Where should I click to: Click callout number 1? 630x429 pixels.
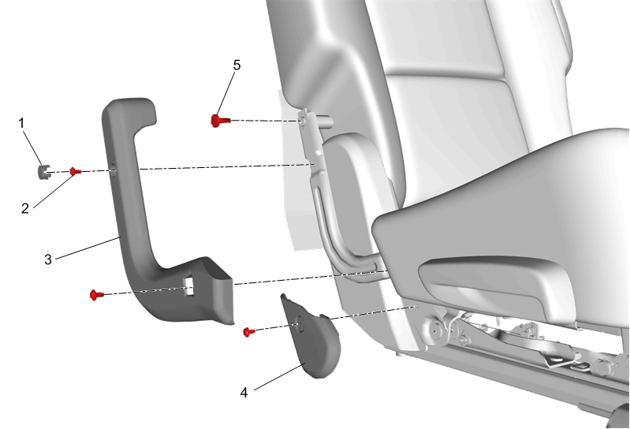pyautogui.click(x=22, y=123)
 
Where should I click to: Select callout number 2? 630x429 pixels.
pyautogui.click(x=25, y=208)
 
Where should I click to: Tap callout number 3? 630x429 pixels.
pyautogui.click(x=48, y=259)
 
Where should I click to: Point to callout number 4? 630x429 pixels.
pyautogui.click(x=244, y=393)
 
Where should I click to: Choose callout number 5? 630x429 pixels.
pyautogui.click(x=237, y=65)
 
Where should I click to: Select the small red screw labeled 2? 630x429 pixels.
pyautogui.click(x=75, y=171)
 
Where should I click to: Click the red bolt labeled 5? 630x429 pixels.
pyautogui.click(x=219, y=121)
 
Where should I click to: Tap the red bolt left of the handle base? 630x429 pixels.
pyautogui.click(x=96, y=295)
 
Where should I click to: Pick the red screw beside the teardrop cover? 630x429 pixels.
pyautogui.click(x=248, y=332)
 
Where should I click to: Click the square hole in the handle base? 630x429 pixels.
pyautogui.click(x=188, y=286)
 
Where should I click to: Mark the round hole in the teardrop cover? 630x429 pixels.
pyautogui.click(x=300, y=323)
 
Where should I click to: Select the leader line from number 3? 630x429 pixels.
pyautogui.click(x=88, y=248)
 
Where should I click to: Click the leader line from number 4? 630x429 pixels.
pyautogui.click(x=280, y=376)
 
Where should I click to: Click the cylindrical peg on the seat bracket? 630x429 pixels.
pyautogui.click(x=326, y=121)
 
